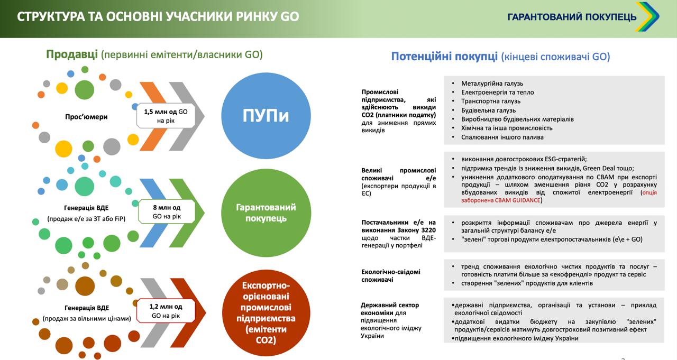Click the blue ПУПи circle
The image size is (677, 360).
[266, 116]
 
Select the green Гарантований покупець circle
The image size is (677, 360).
[266, 213]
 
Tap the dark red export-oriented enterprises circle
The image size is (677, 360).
[266, 312]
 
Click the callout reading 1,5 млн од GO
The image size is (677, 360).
[166, 116]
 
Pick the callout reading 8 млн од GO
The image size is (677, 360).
[167, 211]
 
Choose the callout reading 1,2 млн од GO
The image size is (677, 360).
[166, 311]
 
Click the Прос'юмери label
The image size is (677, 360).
[86, 117]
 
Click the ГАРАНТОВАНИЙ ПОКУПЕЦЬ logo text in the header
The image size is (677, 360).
[572, 17]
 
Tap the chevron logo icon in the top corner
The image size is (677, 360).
[647, 16]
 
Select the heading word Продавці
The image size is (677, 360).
[71, 54]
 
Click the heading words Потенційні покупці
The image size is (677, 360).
[444, 56]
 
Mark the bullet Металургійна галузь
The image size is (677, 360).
[492, 84]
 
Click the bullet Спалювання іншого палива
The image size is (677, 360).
[502, 137]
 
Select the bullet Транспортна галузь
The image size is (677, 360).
[491, 101]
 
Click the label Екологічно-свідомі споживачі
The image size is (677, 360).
[391, 276]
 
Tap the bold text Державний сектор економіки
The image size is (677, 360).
[390, 309]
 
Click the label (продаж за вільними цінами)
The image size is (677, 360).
[87, 319]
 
